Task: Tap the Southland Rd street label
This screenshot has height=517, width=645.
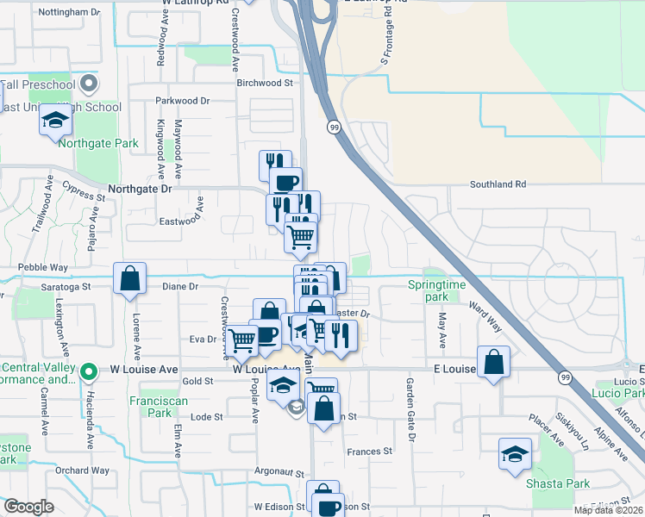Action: (498, 184)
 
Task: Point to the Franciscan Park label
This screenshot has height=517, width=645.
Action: (150, 407)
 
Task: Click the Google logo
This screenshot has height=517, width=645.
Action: (28, 507)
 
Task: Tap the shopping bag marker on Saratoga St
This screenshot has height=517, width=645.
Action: (129, 279)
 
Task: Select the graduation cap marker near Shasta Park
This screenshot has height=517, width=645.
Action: (515, 455)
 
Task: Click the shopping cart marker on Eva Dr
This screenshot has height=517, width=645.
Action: (241, 340)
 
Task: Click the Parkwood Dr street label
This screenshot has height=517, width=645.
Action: (182, 101)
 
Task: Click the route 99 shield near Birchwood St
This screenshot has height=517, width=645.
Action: (334, 128)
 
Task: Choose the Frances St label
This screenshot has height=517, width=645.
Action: (369, 451)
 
